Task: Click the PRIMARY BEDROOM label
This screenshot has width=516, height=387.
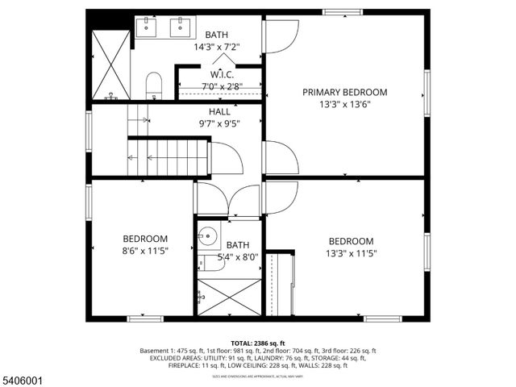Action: tap(344, 92)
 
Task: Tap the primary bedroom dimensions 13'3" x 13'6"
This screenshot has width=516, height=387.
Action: tap(344, 104)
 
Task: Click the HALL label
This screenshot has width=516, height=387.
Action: tap(219, 112)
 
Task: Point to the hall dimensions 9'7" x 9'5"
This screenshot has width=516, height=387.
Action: tap(219, 124)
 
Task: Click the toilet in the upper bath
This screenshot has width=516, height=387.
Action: tap(154, 85)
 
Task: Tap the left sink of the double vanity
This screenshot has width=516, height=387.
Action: tap(147, 27)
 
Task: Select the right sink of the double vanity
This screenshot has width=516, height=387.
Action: tap(179, 27)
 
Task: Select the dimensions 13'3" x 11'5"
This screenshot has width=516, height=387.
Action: tap(351, 253)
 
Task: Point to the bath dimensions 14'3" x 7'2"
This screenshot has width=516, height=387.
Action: tap(216, 47)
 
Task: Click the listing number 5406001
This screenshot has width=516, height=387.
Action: tap(24, 375)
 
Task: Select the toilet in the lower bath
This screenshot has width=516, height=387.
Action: tap(211, 262)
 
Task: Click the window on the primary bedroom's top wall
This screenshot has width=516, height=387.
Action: tap(341, 11)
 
